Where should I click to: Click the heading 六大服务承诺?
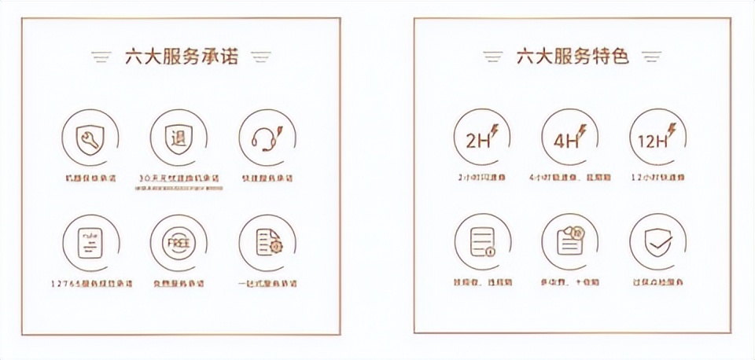tap(179, 57)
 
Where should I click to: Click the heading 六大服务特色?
tap(572, 57)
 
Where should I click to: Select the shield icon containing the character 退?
tap(179, 139)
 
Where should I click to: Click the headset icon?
tap(267, 139)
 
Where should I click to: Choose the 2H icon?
tap(481, 139)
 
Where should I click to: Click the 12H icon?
tap(658, 139)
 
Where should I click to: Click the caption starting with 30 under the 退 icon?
tap(179, 179)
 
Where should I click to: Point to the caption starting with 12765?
tap(90, 283)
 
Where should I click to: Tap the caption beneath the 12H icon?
tap(658, 178)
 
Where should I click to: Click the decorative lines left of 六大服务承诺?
tap(101, 57)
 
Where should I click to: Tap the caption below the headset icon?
tap(267, 178)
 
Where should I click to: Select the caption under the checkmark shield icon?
tap(658, 282)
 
